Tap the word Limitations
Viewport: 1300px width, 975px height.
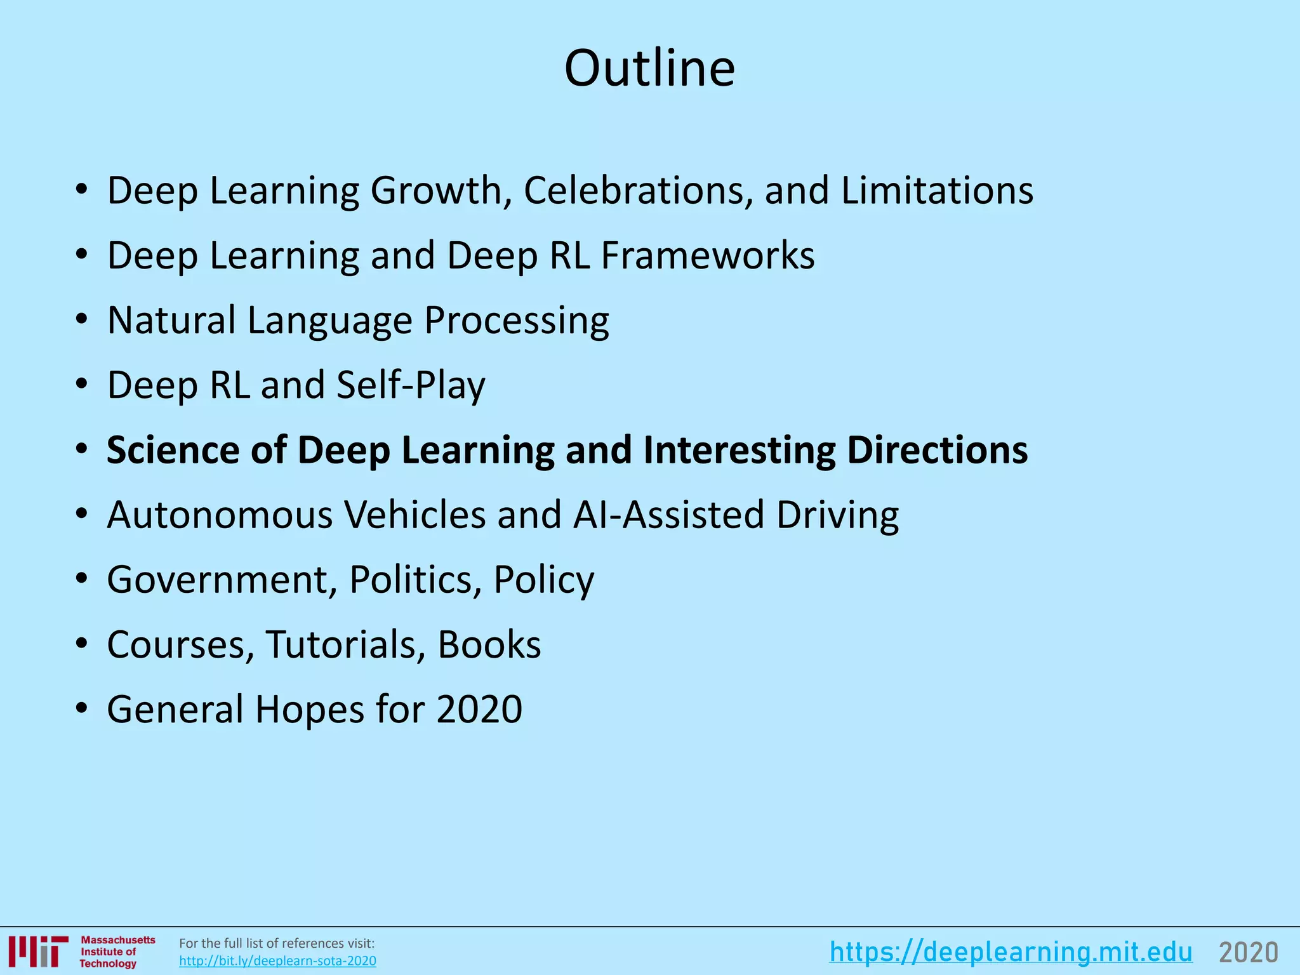click(937, 190)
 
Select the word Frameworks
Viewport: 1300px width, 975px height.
click(707, 255)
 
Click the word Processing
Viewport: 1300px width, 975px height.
click(516, 321)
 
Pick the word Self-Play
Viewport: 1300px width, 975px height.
click(411, 385)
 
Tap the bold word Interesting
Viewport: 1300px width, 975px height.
click(739, 450)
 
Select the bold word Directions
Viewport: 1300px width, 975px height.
click(937, 450)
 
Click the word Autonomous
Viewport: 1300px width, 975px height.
click(220, 515)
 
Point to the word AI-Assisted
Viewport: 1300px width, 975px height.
click(668, 515)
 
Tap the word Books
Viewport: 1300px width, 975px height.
click(489, 644)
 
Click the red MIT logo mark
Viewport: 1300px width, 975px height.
click(38, 951)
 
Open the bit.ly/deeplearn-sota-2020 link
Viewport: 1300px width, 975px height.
click(277, 961)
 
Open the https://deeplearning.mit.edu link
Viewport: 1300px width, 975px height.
click(1011, 952)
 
